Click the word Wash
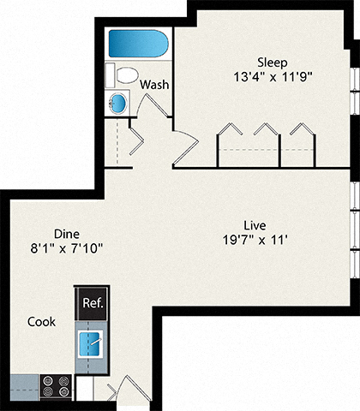(154, 85)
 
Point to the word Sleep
(273, 62)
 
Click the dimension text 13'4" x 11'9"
(273, 76)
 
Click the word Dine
(67, 233)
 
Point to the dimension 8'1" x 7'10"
(67, 248)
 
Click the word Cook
(41, 322)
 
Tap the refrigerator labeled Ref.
(91, 302)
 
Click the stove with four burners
(57, 384)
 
